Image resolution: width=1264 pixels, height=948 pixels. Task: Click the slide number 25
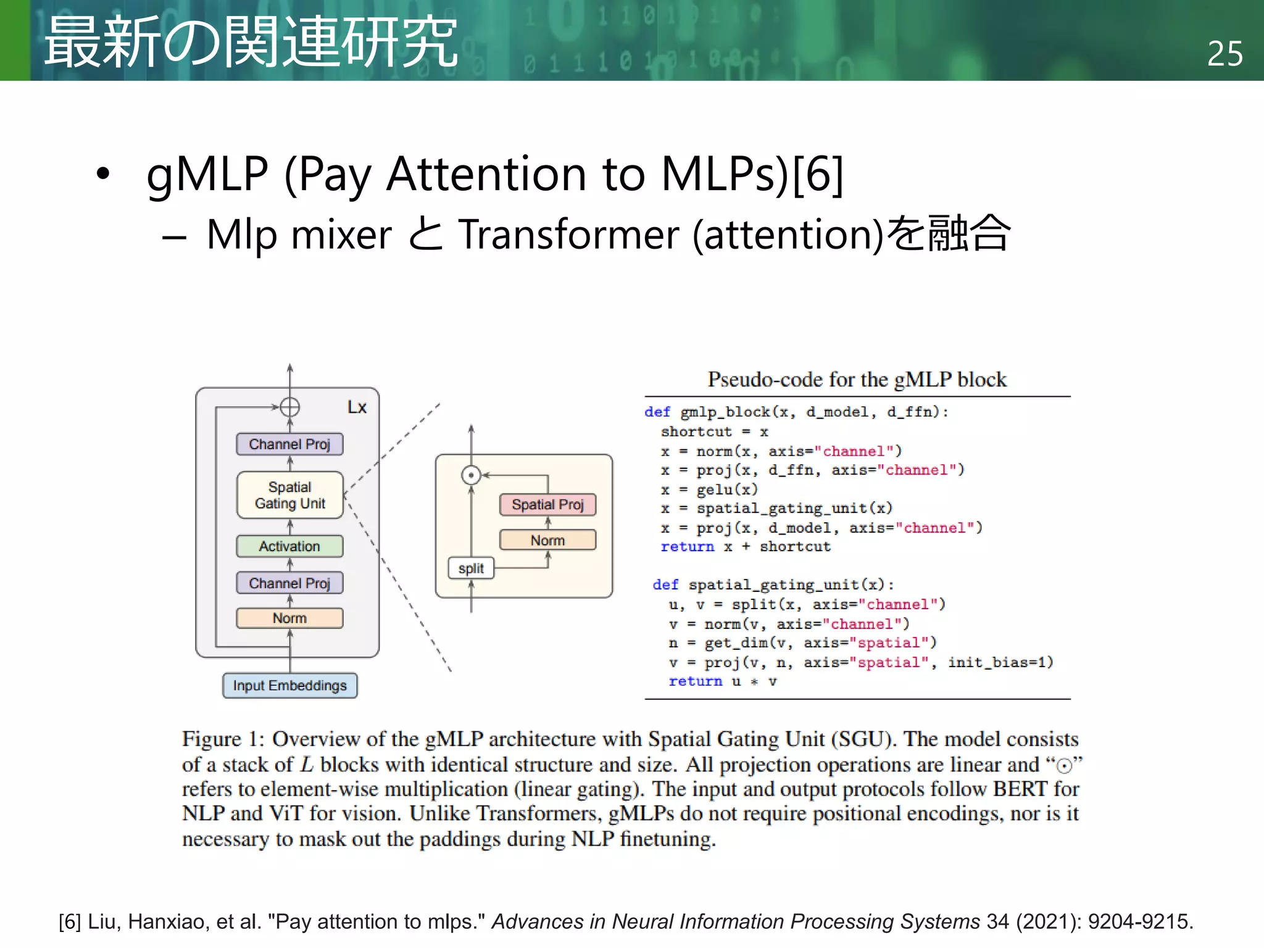tap(1224, 54)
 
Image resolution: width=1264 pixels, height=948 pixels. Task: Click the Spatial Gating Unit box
tap(289, 495)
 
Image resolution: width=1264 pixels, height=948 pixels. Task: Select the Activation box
tap(289, 546)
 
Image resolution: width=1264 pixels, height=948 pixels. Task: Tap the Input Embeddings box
tap(289, 685)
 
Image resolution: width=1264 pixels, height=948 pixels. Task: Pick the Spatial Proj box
tap(547, 504)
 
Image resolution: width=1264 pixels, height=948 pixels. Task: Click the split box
tap(471, 568)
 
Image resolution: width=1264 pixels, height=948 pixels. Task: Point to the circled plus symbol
tap(289, 407)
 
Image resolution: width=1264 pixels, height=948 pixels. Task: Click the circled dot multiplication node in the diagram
tap(471, 475)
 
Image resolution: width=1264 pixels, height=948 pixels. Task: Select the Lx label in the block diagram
tap(357, 407)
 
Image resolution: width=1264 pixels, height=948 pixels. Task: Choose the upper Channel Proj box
tap(289, 444)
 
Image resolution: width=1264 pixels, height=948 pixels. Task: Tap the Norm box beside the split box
tap(547, 540)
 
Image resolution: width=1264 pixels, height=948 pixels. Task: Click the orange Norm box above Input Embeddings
tap(289, 618)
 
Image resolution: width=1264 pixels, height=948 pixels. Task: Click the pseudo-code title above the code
tap(857, 379)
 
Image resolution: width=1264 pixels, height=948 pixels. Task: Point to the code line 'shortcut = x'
tap(714, 431)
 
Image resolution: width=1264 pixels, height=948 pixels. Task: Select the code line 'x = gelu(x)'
tap(709, 489)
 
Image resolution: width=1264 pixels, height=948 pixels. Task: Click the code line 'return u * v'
tap(722, 681)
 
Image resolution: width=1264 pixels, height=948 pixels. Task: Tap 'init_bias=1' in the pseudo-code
tap(1000, 662)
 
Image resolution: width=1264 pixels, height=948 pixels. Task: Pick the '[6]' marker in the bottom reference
tap(70, 921)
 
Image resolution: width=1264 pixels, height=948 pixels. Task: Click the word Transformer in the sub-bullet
tap(568, 235)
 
